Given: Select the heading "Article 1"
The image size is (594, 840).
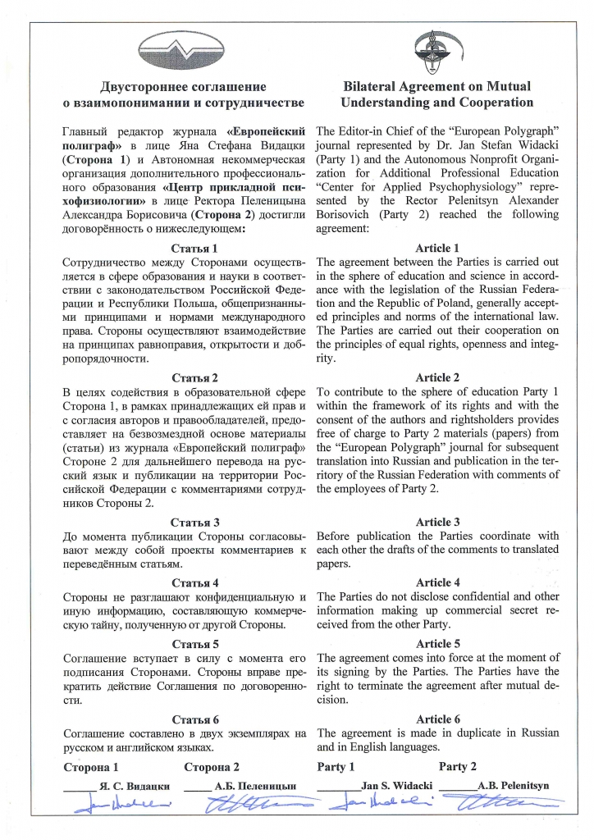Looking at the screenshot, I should click(437, 247).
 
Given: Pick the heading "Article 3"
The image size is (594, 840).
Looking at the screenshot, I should click(437, 522).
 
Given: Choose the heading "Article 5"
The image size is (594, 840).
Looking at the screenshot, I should click(437, 644).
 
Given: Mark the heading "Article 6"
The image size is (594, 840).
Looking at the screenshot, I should click(437, 719).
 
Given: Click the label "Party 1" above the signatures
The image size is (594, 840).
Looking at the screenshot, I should click(336, 767).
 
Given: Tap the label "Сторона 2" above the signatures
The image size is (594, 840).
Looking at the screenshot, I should click(212, 768).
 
